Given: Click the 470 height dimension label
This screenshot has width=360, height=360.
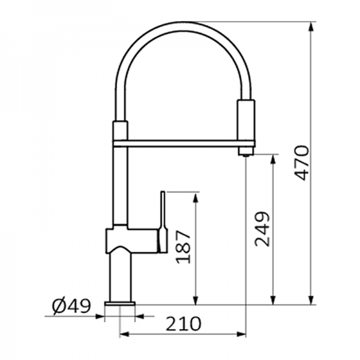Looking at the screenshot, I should pos(302,162).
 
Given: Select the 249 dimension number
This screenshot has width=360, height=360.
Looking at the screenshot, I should pos(262,229).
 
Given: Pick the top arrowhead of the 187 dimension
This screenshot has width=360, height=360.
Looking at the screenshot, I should pos(196,196).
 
